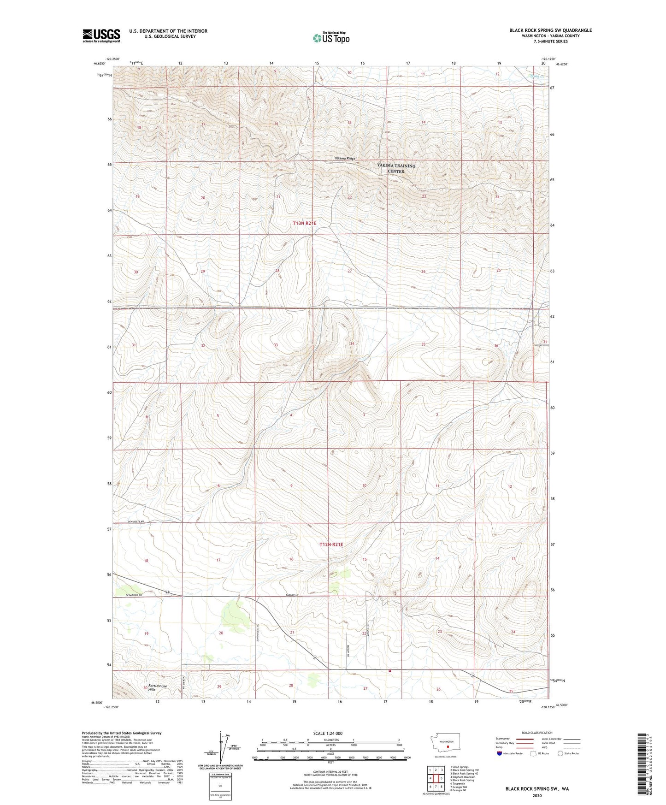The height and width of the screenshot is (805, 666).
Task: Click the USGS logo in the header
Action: [101, 36]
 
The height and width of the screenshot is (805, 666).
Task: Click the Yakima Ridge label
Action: [345, 159]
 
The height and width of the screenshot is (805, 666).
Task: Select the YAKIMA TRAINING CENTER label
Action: [396, 168]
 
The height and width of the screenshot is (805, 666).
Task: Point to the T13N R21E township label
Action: [305, 223]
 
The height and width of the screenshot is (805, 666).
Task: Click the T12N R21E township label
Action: [331, 545]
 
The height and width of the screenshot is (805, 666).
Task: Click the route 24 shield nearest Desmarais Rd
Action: [168, 592]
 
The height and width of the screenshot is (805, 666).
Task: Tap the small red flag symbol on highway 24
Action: [390, 671]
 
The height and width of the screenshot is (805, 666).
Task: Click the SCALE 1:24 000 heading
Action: [328, 733]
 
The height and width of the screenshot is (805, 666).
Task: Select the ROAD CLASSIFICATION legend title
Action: [537, 733]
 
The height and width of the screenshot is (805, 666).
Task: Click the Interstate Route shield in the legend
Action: [500, 753]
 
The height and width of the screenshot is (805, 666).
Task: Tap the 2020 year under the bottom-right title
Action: [537, 795]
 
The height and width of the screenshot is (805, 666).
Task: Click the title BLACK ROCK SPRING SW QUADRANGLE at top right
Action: [550, 30]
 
